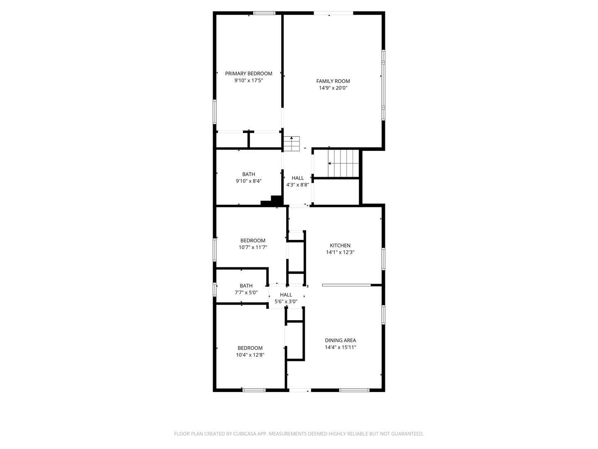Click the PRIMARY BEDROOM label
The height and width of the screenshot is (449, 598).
click(x=248, y=74)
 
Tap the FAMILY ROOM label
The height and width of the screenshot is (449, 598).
click(x=333, y=81)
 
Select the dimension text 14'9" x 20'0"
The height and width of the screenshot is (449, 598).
click(x=333, y=88)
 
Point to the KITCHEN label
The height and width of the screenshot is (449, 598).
click(x=340, y=245)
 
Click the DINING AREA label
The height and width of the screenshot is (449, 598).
click(x=340, y=340)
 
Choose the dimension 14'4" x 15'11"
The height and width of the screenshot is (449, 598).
click(x=340, y=348)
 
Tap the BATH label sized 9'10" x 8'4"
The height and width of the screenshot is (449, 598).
click(x=248, y=174)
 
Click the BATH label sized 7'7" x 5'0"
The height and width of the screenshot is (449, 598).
click(x=246, y=286)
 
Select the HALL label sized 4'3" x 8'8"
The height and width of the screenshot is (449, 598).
click(x=297, y=178)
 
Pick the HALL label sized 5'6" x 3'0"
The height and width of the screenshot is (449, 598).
click(x=286, y=295)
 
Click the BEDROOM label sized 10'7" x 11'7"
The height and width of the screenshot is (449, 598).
click(x=252, y=240)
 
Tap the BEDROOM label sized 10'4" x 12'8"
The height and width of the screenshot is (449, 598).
click(x=250, y=348)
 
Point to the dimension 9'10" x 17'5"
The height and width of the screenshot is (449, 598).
click(x=248, y=81)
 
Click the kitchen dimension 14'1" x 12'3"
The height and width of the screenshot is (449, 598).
click(x=340, y=252)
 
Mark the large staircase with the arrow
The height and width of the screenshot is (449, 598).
click(x=343, y=163)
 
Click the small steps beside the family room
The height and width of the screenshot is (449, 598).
click(x=292, y=144)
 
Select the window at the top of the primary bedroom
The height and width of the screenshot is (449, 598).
click(x=265, y=13)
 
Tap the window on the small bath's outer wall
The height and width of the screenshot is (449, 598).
click(x=215, y=289)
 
